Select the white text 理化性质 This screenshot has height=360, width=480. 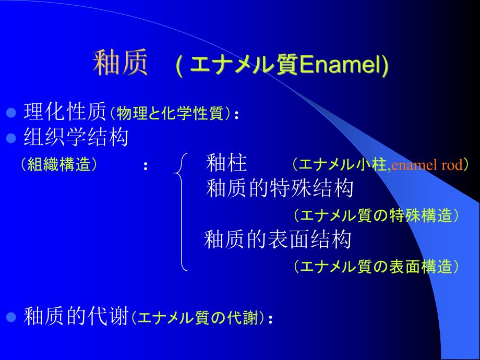pos(65,112)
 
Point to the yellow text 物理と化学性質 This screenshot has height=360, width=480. pos(170,113)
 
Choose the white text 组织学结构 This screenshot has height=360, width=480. pos(76,138)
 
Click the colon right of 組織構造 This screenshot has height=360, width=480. pos(146,166)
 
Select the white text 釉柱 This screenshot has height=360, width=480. pos(226,164)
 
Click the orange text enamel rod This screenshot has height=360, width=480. pos(427,165)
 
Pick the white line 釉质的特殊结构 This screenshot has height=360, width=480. pos(280,188)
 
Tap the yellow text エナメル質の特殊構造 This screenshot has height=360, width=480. pos(376,215)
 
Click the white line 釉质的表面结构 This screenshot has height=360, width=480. pos(278,239)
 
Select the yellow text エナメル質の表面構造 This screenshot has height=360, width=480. pos(376,267)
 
